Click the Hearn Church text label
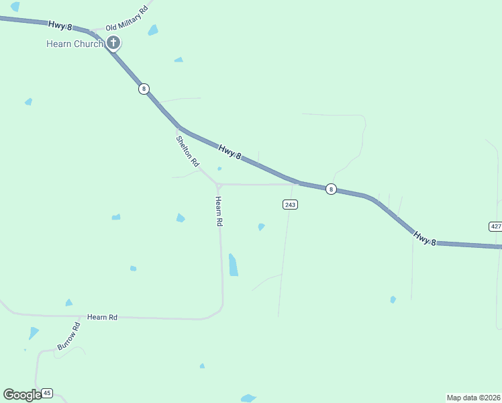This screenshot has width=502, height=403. (x=74, y=44)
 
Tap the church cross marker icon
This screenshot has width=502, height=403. (x=113, y=44)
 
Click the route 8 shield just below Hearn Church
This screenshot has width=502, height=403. (x=144, y=89)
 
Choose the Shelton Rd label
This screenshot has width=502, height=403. (x=188, y=151)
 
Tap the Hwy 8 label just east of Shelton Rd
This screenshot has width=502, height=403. (x=230, y=152)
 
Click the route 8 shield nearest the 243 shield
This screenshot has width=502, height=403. (x=331, y=189)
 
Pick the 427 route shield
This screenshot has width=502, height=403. (x=495, y=226)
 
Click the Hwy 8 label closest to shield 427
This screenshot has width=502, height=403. (x=425, y=237)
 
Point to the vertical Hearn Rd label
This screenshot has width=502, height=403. (x=219, y=211)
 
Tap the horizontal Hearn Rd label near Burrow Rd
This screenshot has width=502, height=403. (x=103, y=317)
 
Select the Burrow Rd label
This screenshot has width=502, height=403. (x=68, y=337)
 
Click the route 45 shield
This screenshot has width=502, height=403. (x=47, y=393)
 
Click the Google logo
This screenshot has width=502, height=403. (x=22, y=395)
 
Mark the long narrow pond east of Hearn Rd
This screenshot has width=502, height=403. (x=233, y=265)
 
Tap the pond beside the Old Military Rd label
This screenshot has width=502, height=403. (x=154, y=30)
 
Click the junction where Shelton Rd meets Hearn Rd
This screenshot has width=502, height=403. (x=219, y=185)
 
